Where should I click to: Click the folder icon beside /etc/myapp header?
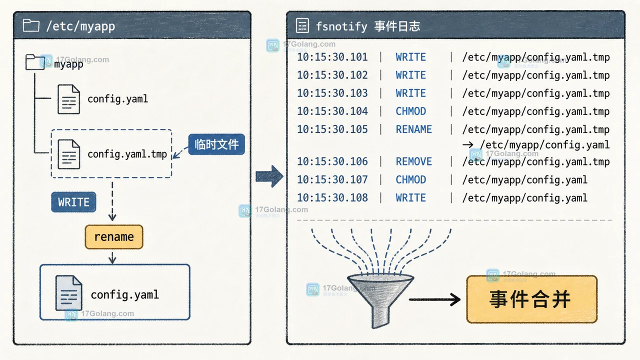coord(31,25)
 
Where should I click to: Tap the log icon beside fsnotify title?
coord(302,25)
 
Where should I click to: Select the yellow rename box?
coord(114,237)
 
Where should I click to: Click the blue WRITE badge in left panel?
coord(73,202)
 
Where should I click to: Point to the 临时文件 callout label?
coord(216,144)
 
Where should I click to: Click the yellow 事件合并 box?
coord(531,299)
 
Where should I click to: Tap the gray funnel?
coord(380,300)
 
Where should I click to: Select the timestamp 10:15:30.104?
coord(332,111)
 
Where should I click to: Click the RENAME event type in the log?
coord(413,129)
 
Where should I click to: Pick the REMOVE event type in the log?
coord(413,161)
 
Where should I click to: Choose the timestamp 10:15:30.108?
coord(332,197)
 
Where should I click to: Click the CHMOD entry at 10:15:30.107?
coord(411,179)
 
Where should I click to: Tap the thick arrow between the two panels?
coord(269,176)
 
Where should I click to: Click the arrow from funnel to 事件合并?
coord(434,299)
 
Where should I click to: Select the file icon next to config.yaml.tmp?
coord(68,154)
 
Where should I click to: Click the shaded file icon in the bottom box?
coord(68,293)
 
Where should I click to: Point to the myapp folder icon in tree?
coord(35,62)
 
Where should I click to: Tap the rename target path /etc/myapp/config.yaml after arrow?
coord(545,145)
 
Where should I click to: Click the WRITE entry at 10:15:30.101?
coord(411,57)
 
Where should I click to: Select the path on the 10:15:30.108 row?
coord(525,198)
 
